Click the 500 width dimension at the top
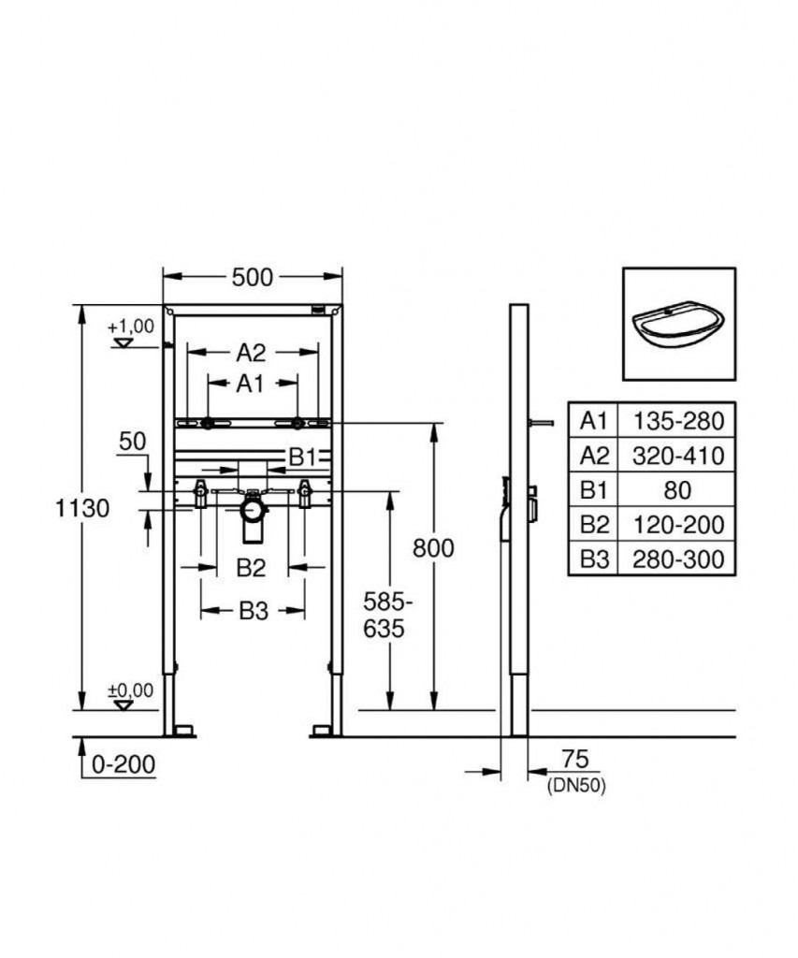[252, 277]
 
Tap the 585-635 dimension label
[384, 615]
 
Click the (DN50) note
[575, 787]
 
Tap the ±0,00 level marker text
[129, 690]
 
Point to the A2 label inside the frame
[251, 353]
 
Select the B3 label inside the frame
[253, 611]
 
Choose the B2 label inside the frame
[251, 567]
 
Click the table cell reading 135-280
[678, 420]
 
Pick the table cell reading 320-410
[678, 456]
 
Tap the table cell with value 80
[678, 490]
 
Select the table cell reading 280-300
[678, 559]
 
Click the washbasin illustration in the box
[678, 323]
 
